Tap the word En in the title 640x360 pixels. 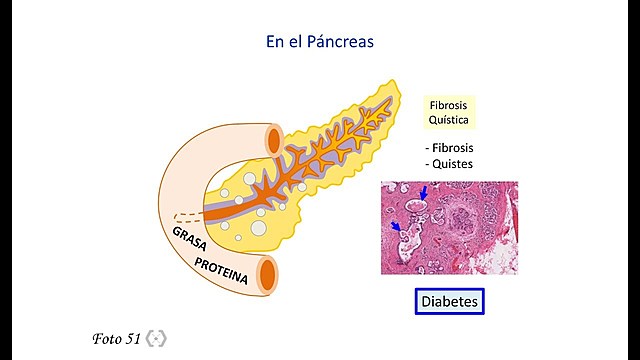pos(275,42)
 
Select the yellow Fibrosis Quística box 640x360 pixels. pos(448,111)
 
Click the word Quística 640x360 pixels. pos(448,119)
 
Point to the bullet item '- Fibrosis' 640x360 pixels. pos(449,148)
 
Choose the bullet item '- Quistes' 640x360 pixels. pos(449,163)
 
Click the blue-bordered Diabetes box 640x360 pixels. pos(449,300)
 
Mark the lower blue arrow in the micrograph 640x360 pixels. pos(397,229)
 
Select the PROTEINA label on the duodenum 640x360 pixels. pos(221,269)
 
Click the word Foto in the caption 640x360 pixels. pos(107,338)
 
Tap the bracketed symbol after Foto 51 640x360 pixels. pos(155,338)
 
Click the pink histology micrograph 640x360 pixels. pos(449,227)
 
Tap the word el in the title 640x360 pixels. pos(297,42)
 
